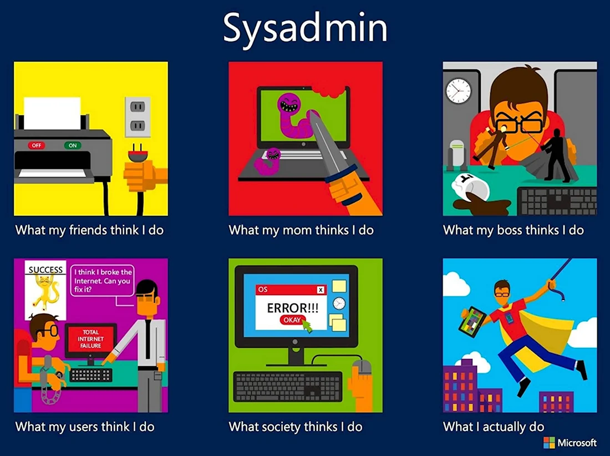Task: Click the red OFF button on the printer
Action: coord(36,145)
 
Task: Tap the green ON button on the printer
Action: coord(73,145)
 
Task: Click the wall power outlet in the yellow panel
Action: coord(138,116)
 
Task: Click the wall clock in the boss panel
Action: coord(458,90)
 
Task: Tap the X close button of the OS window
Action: coord(320,290)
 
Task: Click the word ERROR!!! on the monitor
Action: coord(293,308)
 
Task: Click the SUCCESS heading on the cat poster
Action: coord(45,270)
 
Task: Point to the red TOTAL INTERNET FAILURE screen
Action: coord(91,338)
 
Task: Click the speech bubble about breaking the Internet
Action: coord(103,281)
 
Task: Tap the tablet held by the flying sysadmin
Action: coord(472,321)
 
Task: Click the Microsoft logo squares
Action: coord(549,442)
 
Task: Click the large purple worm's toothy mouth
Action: coord(289,105)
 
